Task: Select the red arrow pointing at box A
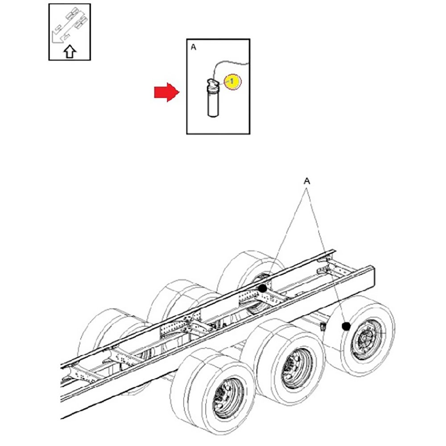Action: pos(166,92)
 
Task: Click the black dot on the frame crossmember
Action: pos(263,289)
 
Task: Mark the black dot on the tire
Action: pos(345,326)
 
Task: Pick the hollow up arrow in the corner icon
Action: pos(70,52)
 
